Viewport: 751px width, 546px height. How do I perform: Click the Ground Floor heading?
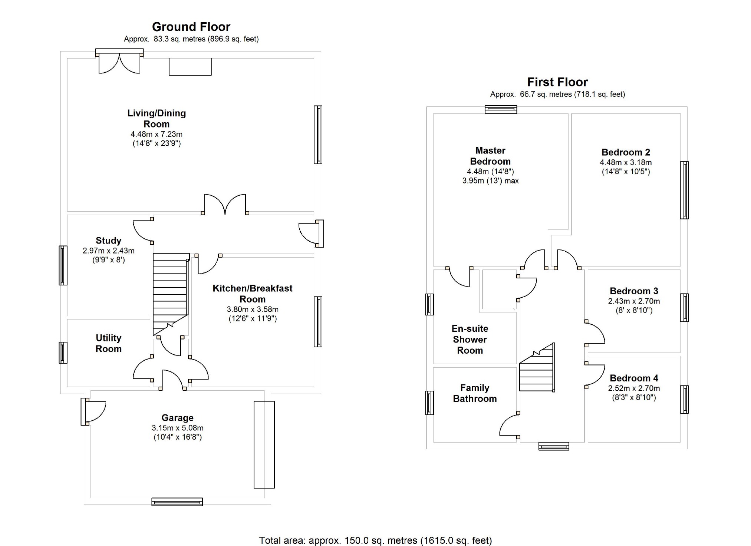point(191,27)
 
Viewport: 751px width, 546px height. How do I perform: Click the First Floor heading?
point(557,82)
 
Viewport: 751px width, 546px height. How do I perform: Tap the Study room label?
point(108,241)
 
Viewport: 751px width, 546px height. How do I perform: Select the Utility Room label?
point(108,343)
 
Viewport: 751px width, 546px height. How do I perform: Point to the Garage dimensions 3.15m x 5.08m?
point(177,428)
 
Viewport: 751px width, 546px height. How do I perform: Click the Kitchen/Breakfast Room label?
point(252,294)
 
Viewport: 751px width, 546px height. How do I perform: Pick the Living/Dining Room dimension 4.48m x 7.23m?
point(156,134)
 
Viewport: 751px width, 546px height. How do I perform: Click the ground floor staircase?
point(170,293)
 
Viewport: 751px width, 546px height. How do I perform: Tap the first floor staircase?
point(537,371)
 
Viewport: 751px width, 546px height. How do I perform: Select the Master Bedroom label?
point(490,156)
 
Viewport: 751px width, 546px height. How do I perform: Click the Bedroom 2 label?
point(626,152)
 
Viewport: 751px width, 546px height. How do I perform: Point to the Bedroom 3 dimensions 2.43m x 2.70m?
point(634,301)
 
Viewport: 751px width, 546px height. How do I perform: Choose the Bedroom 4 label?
point(634,378)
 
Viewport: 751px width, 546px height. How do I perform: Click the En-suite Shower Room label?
point(470,339)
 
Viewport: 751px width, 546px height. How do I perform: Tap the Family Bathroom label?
point(475,393)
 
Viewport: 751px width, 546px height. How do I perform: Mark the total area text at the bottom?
point(375,540)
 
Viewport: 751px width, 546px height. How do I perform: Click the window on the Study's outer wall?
point(63,265)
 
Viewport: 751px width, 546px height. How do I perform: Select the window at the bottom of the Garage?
point(177,502)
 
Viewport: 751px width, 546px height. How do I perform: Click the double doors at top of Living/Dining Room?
point(119,63)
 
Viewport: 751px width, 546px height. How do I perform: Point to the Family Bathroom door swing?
point(509,426)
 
